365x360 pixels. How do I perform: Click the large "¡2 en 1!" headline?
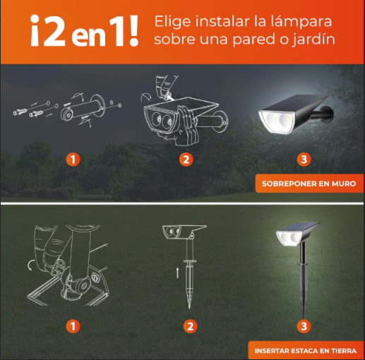(84, 30)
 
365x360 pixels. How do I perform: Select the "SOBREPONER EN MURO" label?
(309, 184)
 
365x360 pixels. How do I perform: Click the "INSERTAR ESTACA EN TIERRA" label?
(306, 351)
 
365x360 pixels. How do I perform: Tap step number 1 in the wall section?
(73, 160)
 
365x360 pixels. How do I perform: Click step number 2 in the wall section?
(186, 160)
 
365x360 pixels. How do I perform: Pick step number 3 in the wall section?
(304, 160)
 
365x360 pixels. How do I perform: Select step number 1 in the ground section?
(73, 326)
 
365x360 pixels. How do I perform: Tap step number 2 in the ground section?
(190, 326)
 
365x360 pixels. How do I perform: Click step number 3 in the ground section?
(304, 326)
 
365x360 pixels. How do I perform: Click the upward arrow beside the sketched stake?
(177, 272)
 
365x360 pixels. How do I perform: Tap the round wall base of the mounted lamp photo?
(328, 114)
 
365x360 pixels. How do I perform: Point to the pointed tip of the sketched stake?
(190, 308)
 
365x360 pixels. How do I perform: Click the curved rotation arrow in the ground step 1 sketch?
(30, 265)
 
